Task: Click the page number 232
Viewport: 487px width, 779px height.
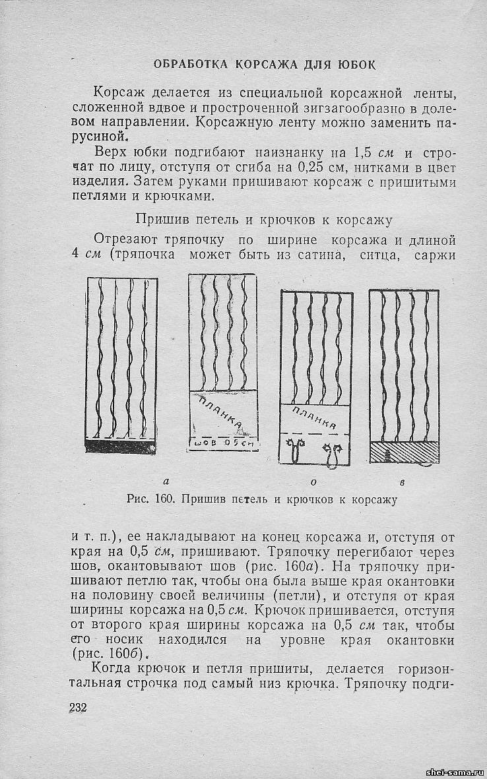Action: click(78, 708)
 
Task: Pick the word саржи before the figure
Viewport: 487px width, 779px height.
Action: click(433, 255)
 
